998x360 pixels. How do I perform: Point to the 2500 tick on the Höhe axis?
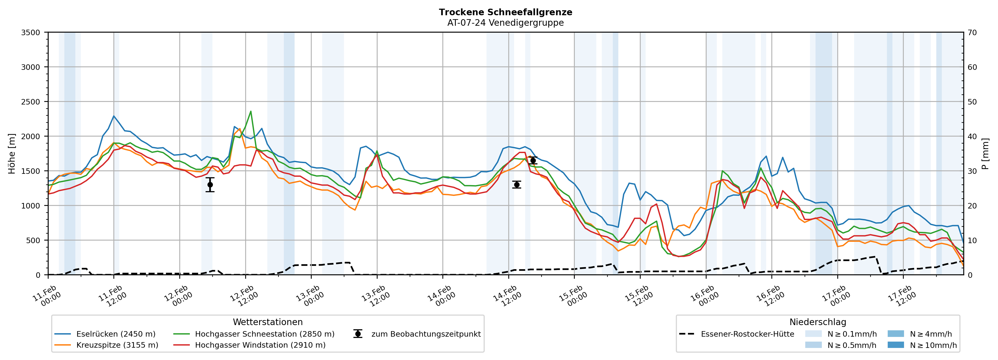tap(31, 102)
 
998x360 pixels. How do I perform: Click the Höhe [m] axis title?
tap(12, 153)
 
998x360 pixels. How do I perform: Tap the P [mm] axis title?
tap(985, 153)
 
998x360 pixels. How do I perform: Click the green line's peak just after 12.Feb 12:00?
tap(251, 111)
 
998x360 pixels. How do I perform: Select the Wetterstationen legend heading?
tap(268, 322)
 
